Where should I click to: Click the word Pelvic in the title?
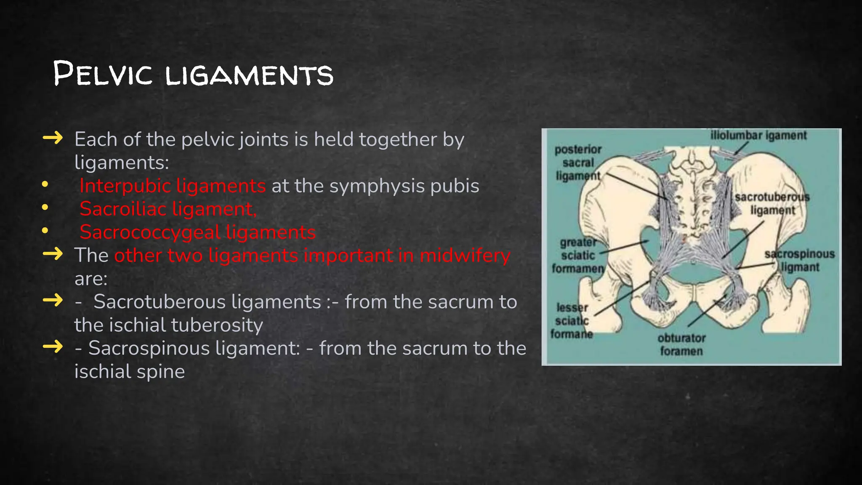[103, 75]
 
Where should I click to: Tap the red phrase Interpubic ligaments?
[173, 186]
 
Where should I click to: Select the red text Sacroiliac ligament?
[168, 209]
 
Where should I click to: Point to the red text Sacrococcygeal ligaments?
[197, 232]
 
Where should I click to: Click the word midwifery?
[465, 255]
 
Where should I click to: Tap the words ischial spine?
[130, 371]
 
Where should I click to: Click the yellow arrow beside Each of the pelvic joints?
[53, 138]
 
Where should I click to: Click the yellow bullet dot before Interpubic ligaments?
[45, 184]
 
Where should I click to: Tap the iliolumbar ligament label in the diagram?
[758, 136]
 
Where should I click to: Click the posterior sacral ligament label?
[578, 163]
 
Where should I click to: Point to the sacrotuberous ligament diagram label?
[772, 204]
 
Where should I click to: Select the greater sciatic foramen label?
[578, 255]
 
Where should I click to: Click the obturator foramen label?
[681, 344]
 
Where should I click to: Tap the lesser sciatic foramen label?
[572, 321]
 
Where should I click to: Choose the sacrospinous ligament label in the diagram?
[800, 261]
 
